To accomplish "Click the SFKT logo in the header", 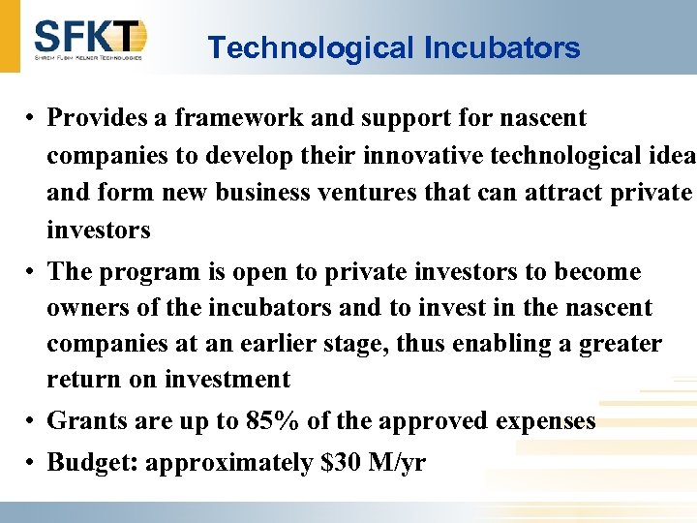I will (90, 39).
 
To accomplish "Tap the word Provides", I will (96, 118).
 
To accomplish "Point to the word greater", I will (621, 344).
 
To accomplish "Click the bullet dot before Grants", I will (32, 422).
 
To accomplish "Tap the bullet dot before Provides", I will (32, 119).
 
